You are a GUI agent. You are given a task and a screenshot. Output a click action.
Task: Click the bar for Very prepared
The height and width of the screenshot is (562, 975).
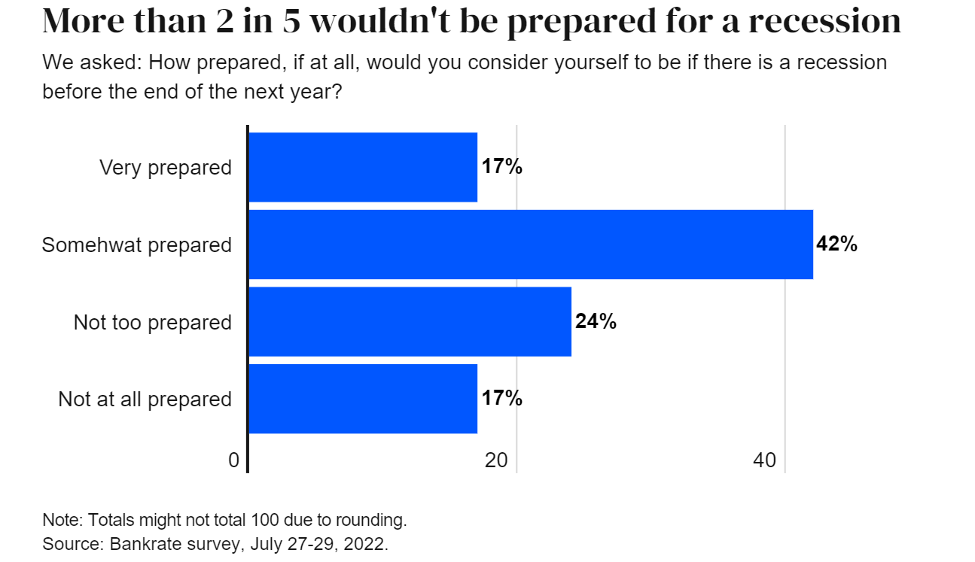(x=363, y=167)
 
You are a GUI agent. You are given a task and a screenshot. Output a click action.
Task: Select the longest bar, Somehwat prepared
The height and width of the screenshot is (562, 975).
(x=531, y=245)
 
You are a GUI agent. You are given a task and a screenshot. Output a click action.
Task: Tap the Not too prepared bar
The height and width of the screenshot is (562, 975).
(x=410, y=322)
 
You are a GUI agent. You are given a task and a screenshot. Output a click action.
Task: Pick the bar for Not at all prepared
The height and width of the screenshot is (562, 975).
(x=363, y=399)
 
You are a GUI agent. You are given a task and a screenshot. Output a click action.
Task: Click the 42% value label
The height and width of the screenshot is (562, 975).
(x=837, y=245)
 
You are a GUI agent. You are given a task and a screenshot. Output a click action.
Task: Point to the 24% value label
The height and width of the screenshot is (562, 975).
(x=596, y=322)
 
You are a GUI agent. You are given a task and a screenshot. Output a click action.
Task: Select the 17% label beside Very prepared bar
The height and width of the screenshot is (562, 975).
(x=502, y=167)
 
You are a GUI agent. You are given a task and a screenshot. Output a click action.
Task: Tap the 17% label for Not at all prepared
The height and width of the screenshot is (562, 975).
(x=502, y=399)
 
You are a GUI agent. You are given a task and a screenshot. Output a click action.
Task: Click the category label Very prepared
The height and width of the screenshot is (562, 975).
(x=166, y=168)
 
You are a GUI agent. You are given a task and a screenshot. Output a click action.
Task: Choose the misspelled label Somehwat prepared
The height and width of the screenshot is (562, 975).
(x=137, y=245)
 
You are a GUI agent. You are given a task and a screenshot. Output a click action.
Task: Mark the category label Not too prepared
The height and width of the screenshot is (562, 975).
(x=153, y=323)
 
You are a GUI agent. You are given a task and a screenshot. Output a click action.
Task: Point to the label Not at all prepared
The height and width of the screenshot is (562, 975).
(x=145, y=399)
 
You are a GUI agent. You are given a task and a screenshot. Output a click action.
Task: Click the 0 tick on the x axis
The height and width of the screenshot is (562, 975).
(x=234, y=460)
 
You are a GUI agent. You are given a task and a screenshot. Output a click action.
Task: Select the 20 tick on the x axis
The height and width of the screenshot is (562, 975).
(x=496, y=460)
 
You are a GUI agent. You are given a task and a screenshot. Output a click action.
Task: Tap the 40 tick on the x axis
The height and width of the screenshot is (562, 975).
(x=764, y=460)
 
